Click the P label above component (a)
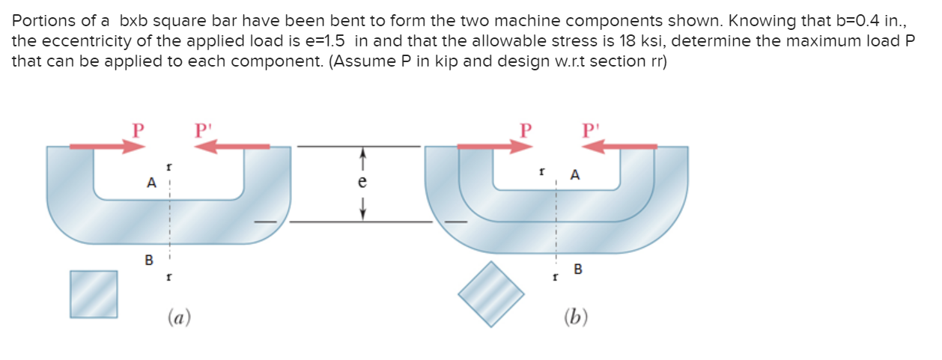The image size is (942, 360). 136,129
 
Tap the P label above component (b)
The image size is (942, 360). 527,129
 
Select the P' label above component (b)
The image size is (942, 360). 592,129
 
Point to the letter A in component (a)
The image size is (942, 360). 152,181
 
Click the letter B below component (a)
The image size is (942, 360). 148,260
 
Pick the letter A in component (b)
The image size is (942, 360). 574,175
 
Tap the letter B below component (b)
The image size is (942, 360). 577,269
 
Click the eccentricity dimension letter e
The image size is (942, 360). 362,182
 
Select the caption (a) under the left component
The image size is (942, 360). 178,317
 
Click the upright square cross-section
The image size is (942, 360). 94,293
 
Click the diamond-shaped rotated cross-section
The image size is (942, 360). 492,293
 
